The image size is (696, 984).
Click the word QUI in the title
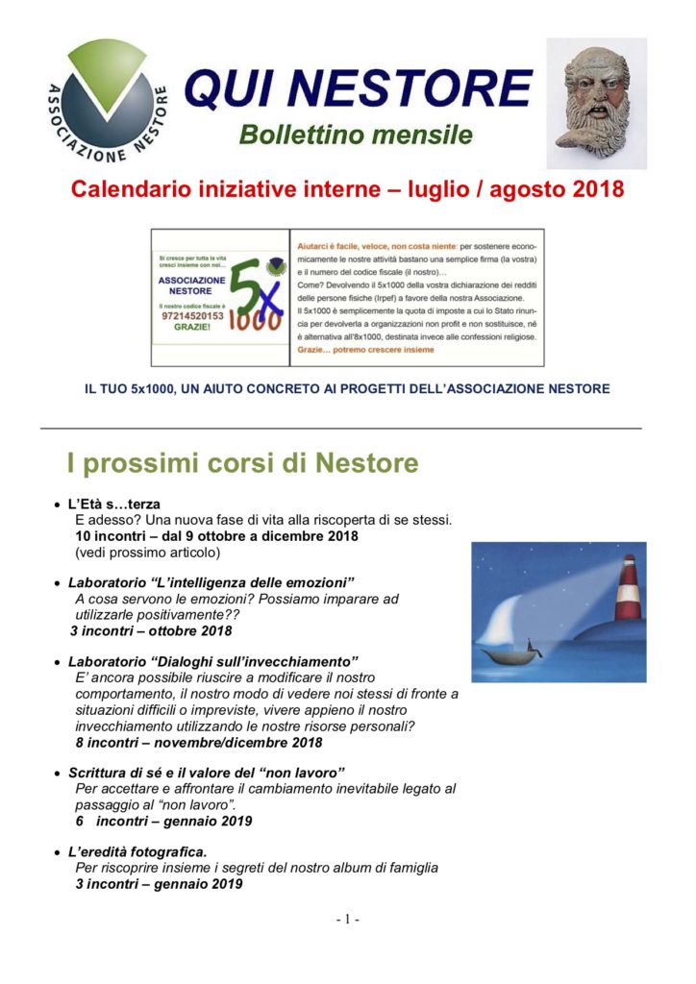[225, 88]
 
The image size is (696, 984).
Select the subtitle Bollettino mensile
[356, 135]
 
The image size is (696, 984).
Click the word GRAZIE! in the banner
[190, 327]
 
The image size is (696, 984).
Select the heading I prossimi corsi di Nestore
[243, 463]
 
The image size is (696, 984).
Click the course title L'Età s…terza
[113, 504]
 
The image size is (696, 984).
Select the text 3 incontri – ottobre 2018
[151, 631]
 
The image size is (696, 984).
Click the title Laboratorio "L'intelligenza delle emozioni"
[211, 583]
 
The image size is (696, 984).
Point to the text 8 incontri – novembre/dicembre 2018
[199, 742]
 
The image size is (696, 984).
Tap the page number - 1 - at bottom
[347, 920]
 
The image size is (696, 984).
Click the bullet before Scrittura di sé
[58, 774]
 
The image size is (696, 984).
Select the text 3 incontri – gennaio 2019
[159, 883]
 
